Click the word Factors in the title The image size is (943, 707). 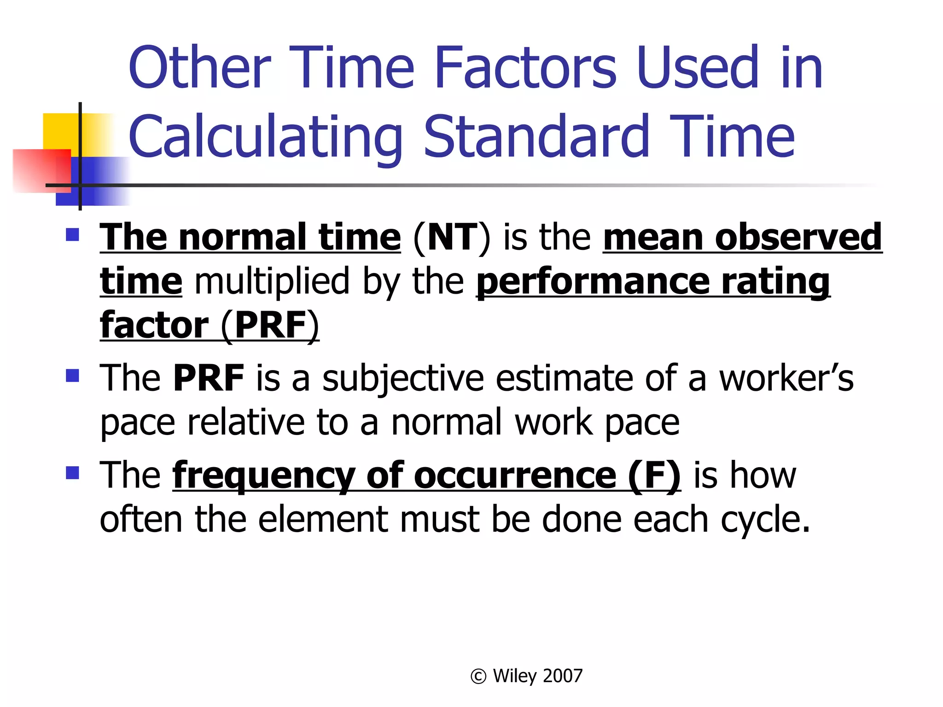pyautogui.click(x=525, y=68)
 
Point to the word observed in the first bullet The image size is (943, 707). pyautogui.click(x=798, y=238)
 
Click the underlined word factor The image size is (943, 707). pyautogui.click(x=154, y=325)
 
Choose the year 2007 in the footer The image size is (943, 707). pyautogui.click(x=563, y=676)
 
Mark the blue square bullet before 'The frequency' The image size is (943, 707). pyautogui.click(x=73, y=473)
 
